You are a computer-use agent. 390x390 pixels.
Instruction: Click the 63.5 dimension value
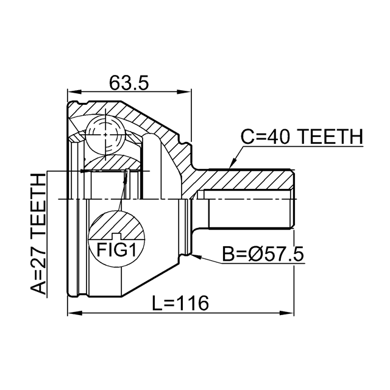(x=129, y=83)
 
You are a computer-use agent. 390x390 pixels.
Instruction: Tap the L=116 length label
(x=180, y=303)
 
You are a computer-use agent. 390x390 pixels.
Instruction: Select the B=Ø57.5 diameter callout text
(x=263, y=254)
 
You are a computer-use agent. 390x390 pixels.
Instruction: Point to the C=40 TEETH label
(x=302, y=136)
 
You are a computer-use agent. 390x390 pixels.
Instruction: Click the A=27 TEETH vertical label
(x=38, y=234)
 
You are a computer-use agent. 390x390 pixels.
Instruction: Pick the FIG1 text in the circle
(x=116, y=250)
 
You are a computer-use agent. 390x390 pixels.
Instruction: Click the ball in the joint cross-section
(x=105, y=135)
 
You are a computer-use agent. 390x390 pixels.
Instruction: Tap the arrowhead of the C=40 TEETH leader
(x=232, y=164)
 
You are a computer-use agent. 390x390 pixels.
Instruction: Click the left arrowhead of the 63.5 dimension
(x=74, y=92)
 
